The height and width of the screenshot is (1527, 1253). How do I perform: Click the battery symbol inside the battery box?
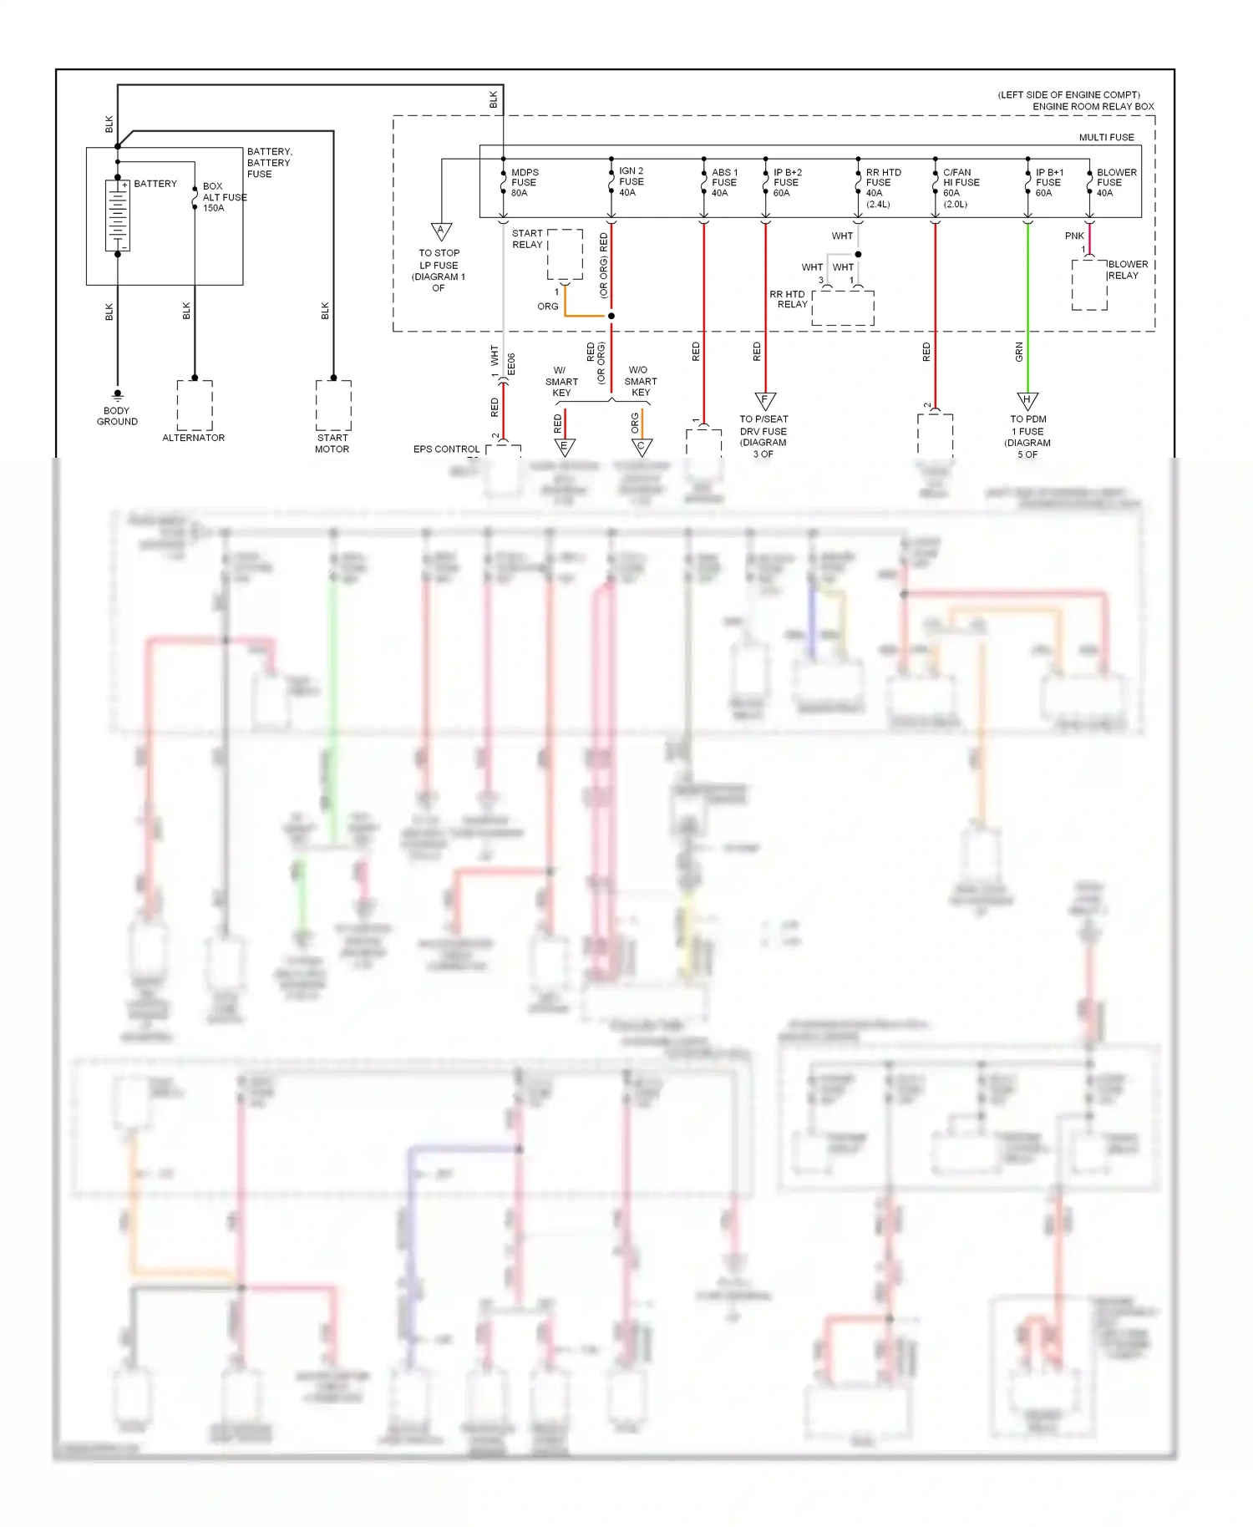(118, 216)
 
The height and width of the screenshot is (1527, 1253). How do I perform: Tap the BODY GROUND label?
(117, 416)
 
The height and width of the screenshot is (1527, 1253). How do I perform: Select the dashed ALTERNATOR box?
(195, 405)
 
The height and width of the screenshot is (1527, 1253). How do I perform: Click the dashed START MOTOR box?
(333, 405)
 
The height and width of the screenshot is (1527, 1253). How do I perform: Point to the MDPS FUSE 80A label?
(525, 182)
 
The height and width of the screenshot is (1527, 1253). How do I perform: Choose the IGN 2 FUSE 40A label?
(631, 181)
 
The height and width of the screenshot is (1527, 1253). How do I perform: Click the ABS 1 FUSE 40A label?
(723, 182)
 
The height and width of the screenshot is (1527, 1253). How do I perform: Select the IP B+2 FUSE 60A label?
(786, 182)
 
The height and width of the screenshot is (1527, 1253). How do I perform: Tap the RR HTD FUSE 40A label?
(882, 187)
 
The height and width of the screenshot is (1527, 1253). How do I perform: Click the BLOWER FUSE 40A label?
(1115, 182)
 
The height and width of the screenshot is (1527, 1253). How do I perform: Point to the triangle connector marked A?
(441, 231)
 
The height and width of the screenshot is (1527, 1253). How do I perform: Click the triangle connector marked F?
(765, 401)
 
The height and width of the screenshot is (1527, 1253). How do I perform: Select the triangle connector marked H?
(1027, 401)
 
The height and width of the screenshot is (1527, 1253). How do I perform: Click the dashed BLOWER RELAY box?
(1089, 285)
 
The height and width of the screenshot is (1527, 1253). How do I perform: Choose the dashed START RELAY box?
(566, 254)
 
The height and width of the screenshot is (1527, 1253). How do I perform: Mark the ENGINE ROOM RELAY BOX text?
(1093, 106)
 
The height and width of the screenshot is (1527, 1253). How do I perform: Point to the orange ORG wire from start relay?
(585, 316)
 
